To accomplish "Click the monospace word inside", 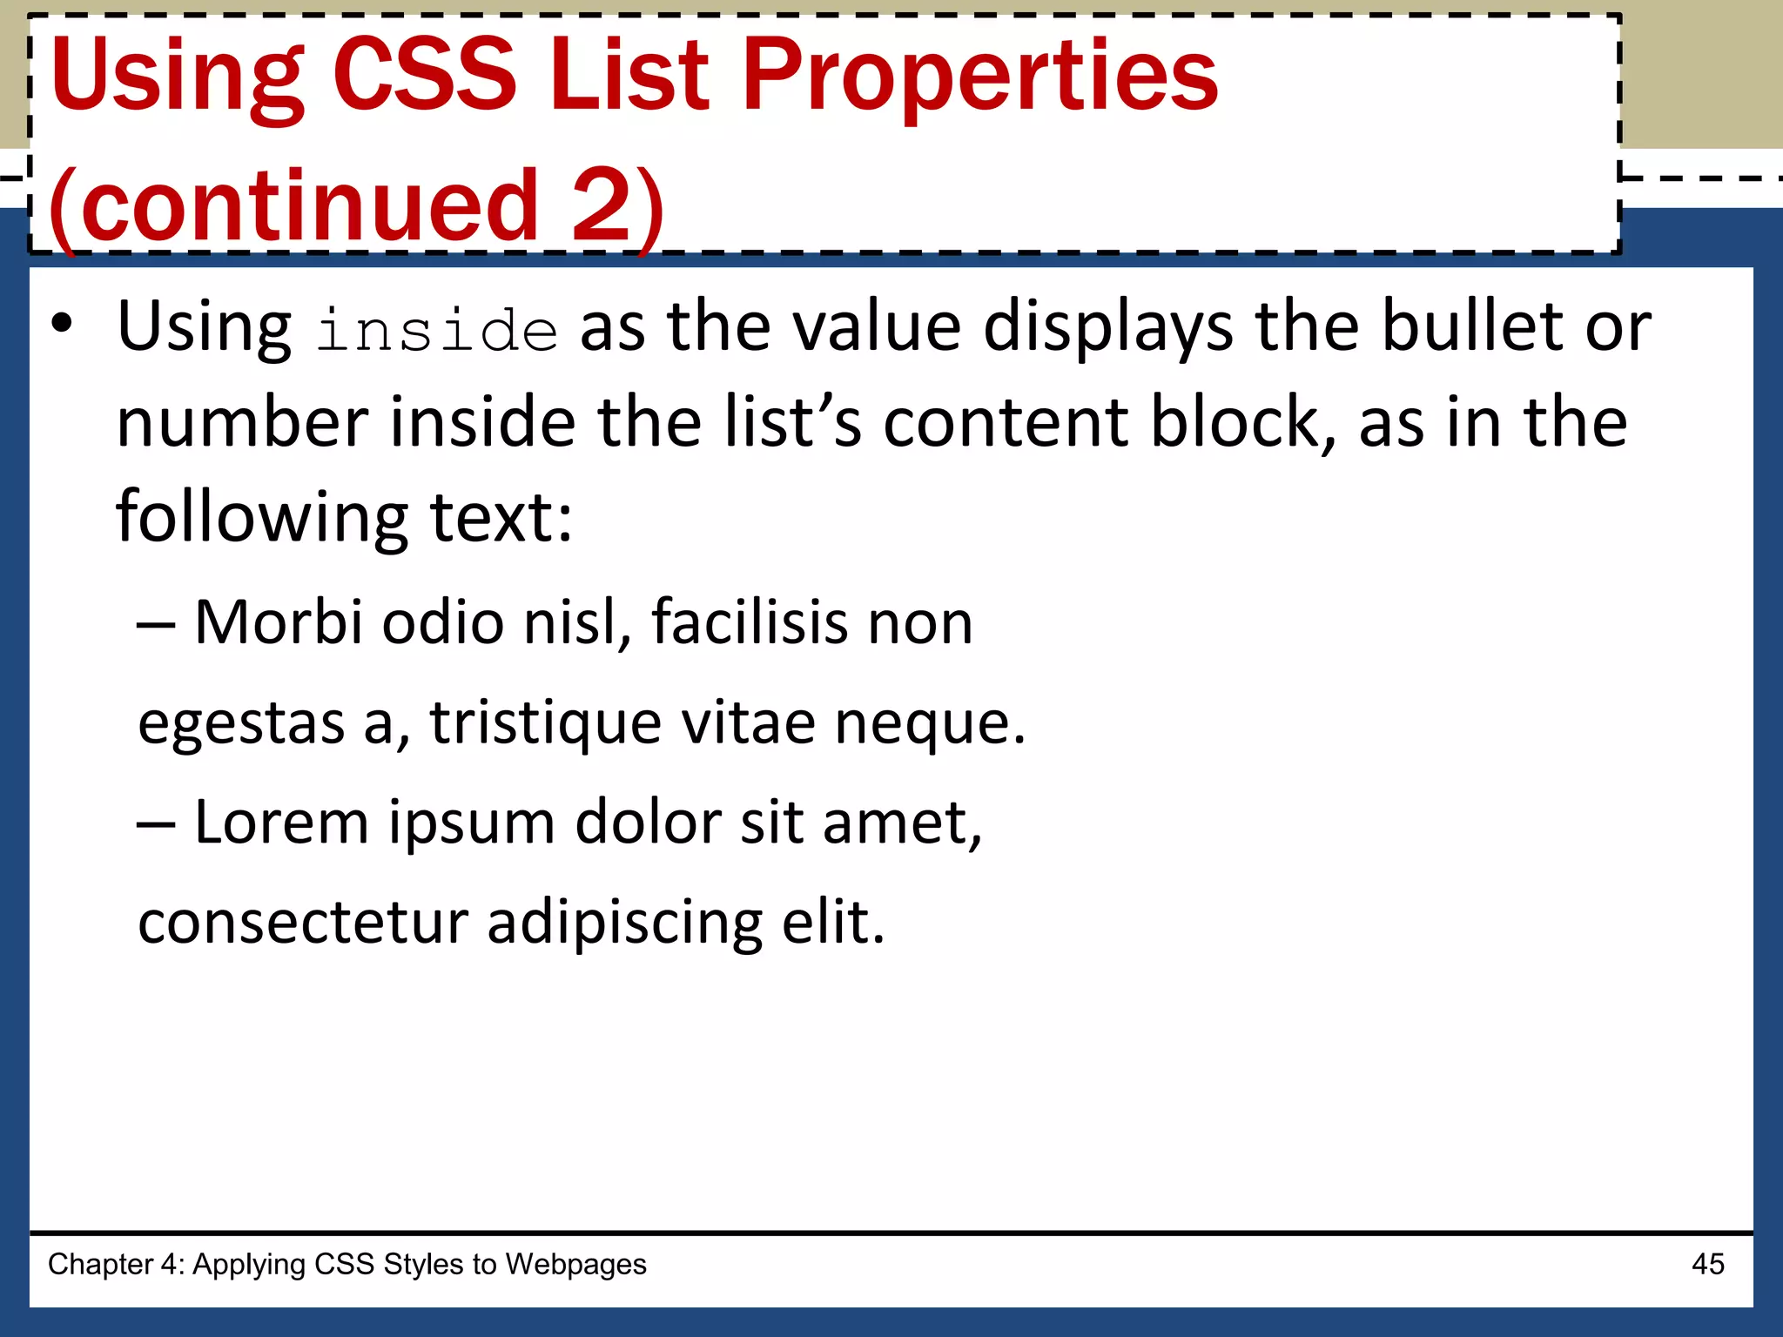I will click(436, 332).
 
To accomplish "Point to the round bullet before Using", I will click(61, 323).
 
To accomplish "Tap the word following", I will click(262, 519).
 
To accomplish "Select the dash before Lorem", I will click(156, 823).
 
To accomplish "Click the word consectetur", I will click(303, 922).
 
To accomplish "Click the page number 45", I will click(1707, 1264).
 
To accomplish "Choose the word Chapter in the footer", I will click(100, 1265).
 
